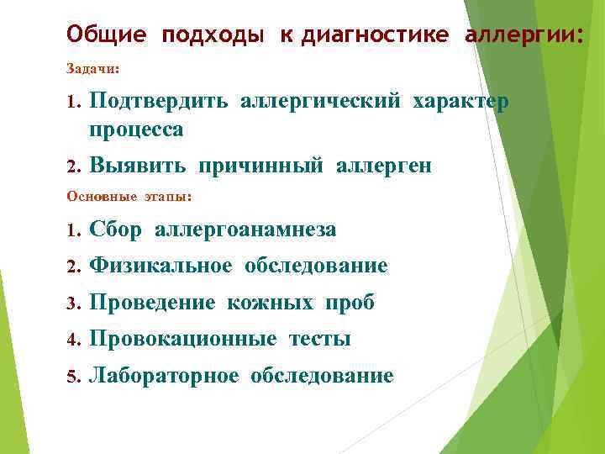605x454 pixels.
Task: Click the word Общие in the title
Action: click(106, 35)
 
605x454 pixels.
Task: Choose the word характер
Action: click(460, 103)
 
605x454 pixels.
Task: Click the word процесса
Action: click(136, 130)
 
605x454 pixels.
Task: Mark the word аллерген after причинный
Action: click(384, 166)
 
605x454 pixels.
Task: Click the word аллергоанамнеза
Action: click(245, 230)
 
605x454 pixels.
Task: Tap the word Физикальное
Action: click(160, 267)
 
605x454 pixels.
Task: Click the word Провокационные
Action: click(182, 339)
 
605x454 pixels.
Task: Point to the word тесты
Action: click(319, 339)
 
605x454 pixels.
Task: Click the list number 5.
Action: click(72, 376)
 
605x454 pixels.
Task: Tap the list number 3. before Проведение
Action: click(72, 304)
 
